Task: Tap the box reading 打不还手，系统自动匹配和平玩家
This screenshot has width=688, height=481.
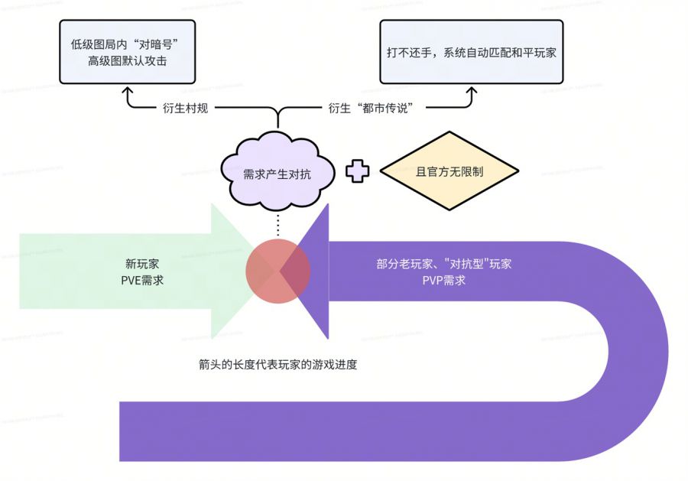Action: click(472, 52)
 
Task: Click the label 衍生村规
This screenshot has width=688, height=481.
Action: click(186, 108)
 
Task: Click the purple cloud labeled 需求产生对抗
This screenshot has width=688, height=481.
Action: click(277, 173)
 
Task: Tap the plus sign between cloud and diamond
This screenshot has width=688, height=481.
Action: click(357, 171)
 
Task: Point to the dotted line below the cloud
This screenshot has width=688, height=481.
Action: click(277, 225)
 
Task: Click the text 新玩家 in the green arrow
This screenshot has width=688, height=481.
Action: click(142, 264)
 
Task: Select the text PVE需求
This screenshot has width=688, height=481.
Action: click(142, 281)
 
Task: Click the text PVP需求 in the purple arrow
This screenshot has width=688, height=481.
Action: click(444, 281)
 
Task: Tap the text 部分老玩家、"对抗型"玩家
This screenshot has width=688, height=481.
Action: click(444, 265)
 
